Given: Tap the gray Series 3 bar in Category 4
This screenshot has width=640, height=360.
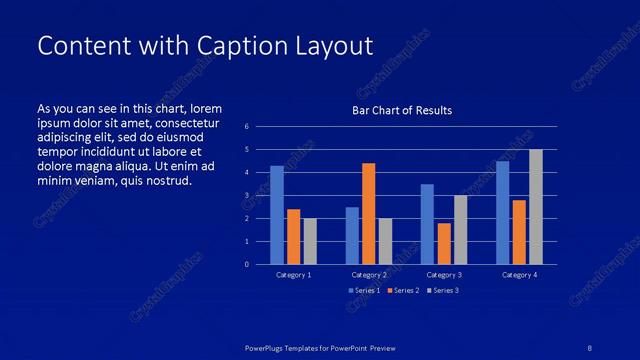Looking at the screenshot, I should [x=536, y=207].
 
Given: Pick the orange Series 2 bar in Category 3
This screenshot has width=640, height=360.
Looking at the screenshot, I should [x=444, y=243].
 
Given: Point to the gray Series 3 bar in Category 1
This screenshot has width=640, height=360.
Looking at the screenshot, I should [x=310, y=241].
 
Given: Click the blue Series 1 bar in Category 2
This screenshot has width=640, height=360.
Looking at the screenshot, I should [x=352, y=235].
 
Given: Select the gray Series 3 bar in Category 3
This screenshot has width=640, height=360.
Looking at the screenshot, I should [x=460, y=230].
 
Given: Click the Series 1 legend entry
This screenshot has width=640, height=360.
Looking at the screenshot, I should [x=363, y=290].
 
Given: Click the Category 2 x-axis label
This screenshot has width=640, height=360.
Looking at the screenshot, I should [x=369, y=274].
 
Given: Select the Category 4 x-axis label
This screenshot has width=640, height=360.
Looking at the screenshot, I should [x=519, y=274].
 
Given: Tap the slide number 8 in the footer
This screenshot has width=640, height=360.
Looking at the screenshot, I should [x=590, y=347].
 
